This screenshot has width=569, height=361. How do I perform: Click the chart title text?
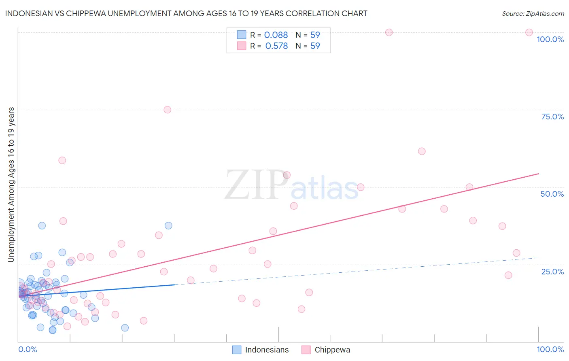(186, 13)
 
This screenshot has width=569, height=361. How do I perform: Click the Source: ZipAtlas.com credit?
(533, 13)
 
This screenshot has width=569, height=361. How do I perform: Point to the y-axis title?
(11, 184)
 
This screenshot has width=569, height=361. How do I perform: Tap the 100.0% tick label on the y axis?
(550, 39)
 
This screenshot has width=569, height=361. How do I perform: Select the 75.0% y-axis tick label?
(552, 117)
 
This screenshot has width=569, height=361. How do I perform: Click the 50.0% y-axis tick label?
(552, 194)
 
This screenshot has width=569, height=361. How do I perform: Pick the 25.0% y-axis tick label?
(552, 271)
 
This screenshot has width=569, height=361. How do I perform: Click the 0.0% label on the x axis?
(28, 349)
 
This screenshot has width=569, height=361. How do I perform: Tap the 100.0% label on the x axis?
(550, 349)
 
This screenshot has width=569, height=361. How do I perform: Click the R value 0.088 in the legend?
(276, 35)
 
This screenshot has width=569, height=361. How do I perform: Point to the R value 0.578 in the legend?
(276, 46)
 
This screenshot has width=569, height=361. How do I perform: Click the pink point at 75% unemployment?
(167, 110)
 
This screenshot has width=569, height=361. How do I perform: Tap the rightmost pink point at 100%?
(529, 32)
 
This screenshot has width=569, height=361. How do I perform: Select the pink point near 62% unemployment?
(422, 151)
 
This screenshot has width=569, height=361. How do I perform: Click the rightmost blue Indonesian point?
(168, 225)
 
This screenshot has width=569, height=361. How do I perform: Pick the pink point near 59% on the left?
(62, 160)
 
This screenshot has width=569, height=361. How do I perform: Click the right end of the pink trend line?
(538, 174)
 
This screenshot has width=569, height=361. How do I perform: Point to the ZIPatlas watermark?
(291, 185)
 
